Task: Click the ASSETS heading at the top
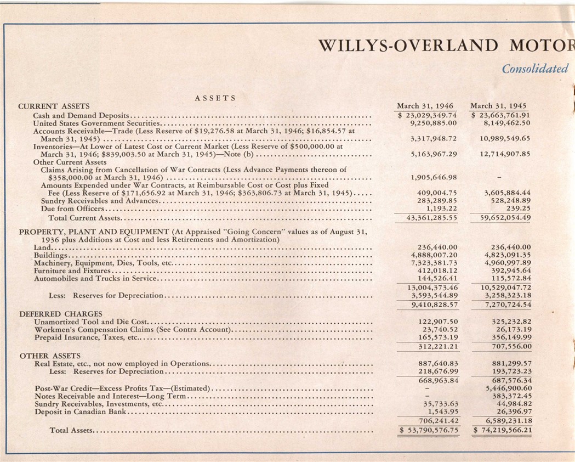click(x=215, y=98)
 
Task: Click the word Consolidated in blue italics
click(x=535, y=69)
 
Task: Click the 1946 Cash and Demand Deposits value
click(x=428, y=115)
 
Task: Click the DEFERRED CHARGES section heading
click(x=53, y=314)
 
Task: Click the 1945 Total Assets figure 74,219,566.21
click(x=503, y=431)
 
